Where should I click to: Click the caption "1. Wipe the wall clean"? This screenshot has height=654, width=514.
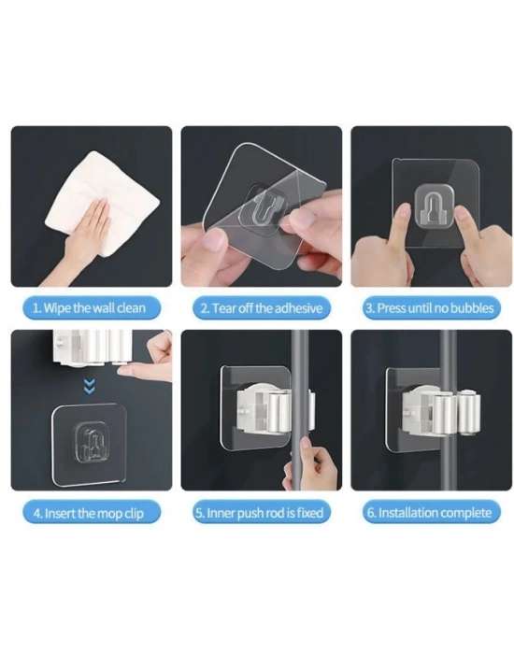(x=92, y=307)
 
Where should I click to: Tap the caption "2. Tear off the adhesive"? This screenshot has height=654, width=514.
(x=261, y=307)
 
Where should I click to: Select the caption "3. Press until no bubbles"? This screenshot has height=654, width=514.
(x=431, y=307)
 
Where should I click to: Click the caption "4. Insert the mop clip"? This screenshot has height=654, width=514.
(x=92, y=512)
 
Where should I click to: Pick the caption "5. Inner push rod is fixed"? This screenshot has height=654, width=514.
(x=261, y=512)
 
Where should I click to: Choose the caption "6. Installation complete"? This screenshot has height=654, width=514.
(x=431, y=512)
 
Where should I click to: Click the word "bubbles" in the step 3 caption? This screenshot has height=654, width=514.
(x=472, y=307)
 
